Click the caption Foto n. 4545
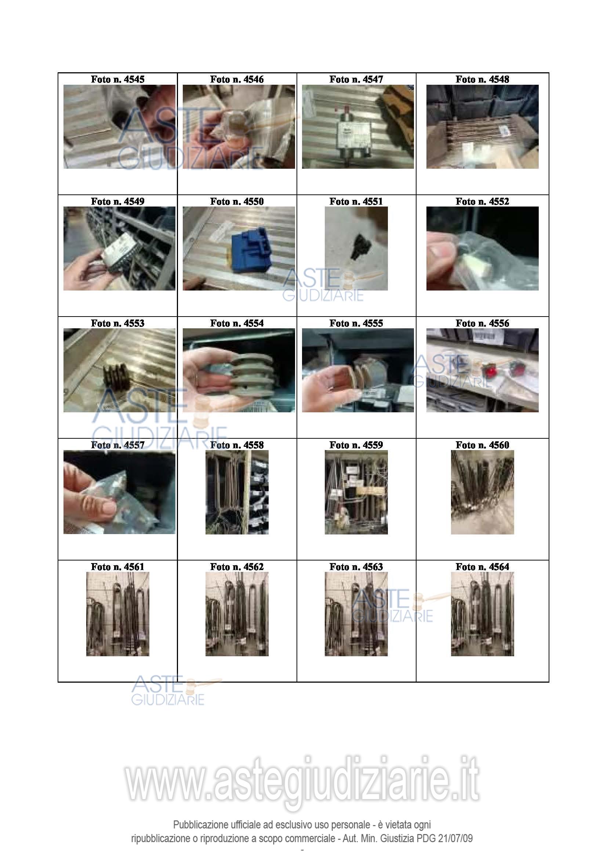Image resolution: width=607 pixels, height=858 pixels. tap(117, 79)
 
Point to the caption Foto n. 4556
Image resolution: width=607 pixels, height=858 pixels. tap(482, 323)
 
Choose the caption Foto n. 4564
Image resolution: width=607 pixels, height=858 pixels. tap(482, 567)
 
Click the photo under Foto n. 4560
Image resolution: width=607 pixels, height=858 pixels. tap(482, 492)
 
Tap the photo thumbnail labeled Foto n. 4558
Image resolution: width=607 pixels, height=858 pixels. tap(237, 492)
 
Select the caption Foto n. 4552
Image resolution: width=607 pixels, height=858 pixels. tap(482, 201)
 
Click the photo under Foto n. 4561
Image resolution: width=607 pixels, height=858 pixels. tap(118, 614)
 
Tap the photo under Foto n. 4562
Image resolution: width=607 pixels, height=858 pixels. tap(237, 614)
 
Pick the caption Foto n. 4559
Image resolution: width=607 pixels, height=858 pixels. tap(356, 445)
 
